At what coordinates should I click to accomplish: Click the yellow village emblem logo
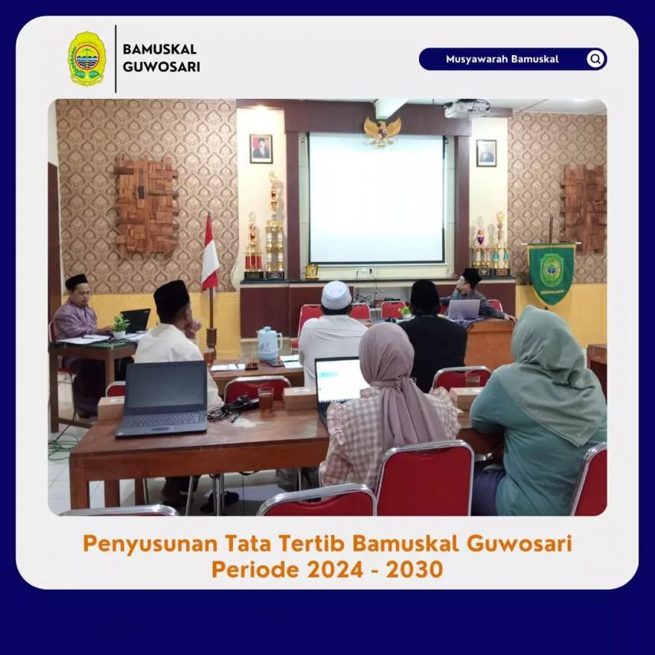tap(87, 59)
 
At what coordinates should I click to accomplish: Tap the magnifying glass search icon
tap(595, 59)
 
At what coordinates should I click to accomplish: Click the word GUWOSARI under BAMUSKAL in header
tap(162, 67)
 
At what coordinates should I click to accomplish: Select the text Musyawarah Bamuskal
tap(502, 59)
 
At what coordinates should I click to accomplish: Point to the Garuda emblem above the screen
tap(383, 131)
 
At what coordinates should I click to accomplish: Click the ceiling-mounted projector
tap(467, 108)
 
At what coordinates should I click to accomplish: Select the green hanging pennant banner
tap(551, 273)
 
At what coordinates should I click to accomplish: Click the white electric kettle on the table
tap(269, 343)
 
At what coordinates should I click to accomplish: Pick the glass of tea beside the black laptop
tap(266, 399)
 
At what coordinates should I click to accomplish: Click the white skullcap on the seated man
tap(336, 295)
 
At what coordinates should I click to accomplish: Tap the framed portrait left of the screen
tap(261, 149)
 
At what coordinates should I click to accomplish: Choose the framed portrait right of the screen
tap(486, 153)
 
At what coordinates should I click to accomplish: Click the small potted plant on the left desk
tap(121, 326)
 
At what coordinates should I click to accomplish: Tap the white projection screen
tap(376, 198)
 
